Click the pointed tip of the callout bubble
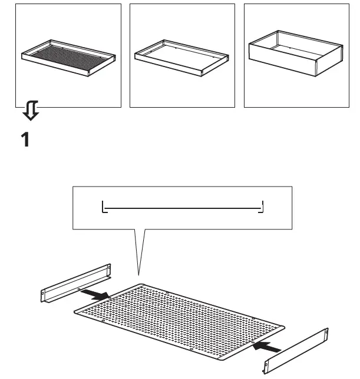[x=138, y=275]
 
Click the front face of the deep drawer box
[x=283, y=65]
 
